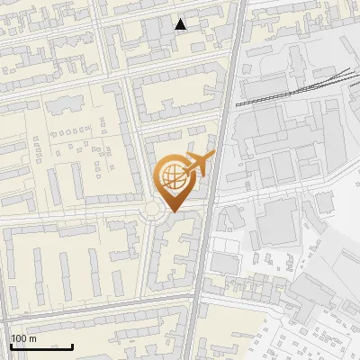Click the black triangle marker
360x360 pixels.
[181, 24]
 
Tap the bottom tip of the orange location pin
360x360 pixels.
[171, 211]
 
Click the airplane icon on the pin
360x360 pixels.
[197, 165]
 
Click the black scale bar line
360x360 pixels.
[41, 346]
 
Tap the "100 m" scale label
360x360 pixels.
[24, 339]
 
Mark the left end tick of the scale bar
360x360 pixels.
[11, 346]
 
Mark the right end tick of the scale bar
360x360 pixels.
[72, 346]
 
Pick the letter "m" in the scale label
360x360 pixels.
[32, 339]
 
